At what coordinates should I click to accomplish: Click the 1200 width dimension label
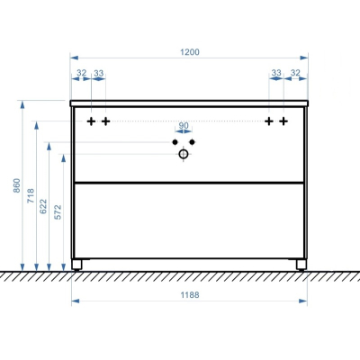(x=190, y=52)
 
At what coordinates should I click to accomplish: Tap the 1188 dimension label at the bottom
(x=190, y=295)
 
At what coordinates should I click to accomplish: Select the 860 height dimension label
(x=17, y=185)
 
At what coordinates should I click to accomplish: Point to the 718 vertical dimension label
(x=31, y=195)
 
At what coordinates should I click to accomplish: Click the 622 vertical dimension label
(x=43, y=206)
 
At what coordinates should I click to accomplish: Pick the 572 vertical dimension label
(x=58, y=212)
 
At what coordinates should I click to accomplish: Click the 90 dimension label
(x=184, y=125)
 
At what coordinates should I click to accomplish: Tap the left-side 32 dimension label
(x=81, y=73)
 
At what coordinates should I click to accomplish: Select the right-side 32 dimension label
(x=295, y=73)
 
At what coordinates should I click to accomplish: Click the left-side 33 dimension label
(x=98, y=73)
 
